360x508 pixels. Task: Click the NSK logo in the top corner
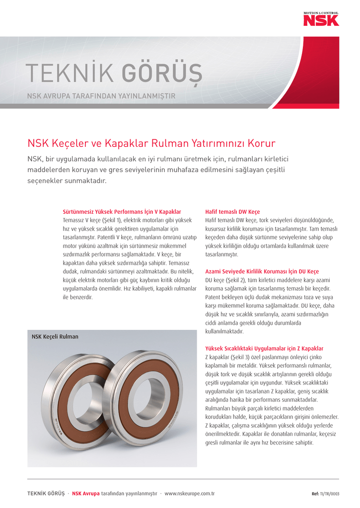321,19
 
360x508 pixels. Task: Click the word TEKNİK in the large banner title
70,74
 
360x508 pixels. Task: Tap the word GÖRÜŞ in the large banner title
162,74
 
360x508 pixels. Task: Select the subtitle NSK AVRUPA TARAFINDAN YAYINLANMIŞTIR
101,96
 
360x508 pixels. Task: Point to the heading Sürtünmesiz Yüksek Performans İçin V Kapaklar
122,211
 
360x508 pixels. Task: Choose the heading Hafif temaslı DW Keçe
232,211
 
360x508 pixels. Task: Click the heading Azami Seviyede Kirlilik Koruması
262,271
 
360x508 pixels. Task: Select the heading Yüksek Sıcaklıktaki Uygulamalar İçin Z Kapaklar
264,349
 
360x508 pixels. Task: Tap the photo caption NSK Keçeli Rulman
55,337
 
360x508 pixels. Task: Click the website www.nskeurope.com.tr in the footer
189,494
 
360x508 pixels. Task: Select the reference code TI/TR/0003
330,494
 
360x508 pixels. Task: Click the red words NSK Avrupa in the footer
85,494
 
